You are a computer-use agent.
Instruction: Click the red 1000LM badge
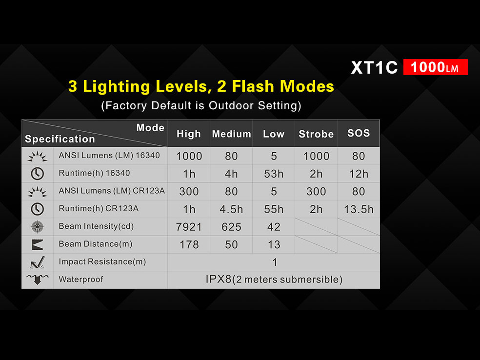[x=435, y=67]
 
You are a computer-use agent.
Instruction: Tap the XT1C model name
[x=374, y=67]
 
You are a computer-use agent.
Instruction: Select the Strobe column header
[x=316, y=134]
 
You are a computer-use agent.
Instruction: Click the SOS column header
[x=359, y=133]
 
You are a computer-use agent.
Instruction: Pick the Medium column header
[x=231, y=134]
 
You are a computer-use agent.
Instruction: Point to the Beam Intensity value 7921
[x=189, y=227]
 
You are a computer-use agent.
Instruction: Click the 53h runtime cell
[x=274, y=174]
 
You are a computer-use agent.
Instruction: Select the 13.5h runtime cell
[x=359, y=209]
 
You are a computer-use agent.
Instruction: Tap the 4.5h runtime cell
[x=231, y=209]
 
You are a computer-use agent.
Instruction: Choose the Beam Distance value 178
[x=189, y=244]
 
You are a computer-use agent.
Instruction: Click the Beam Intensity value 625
[x=231, y=227]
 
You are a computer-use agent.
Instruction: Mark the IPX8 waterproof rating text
[x=274, y=279]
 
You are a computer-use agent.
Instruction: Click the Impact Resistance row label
[x=102, y=262]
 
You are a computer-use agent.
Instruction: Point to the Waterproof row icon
[x=38, y=279]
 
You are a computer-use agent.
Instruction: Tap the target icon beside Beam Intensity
[x=38, y=227]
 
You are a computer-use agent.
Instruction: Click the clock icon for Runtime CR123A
[x=38, y=209]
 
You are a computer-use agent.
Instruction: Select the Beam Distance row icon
[x=38, y=244]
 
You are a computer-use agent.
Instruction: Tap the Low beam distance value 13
[x=274, y=244]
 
